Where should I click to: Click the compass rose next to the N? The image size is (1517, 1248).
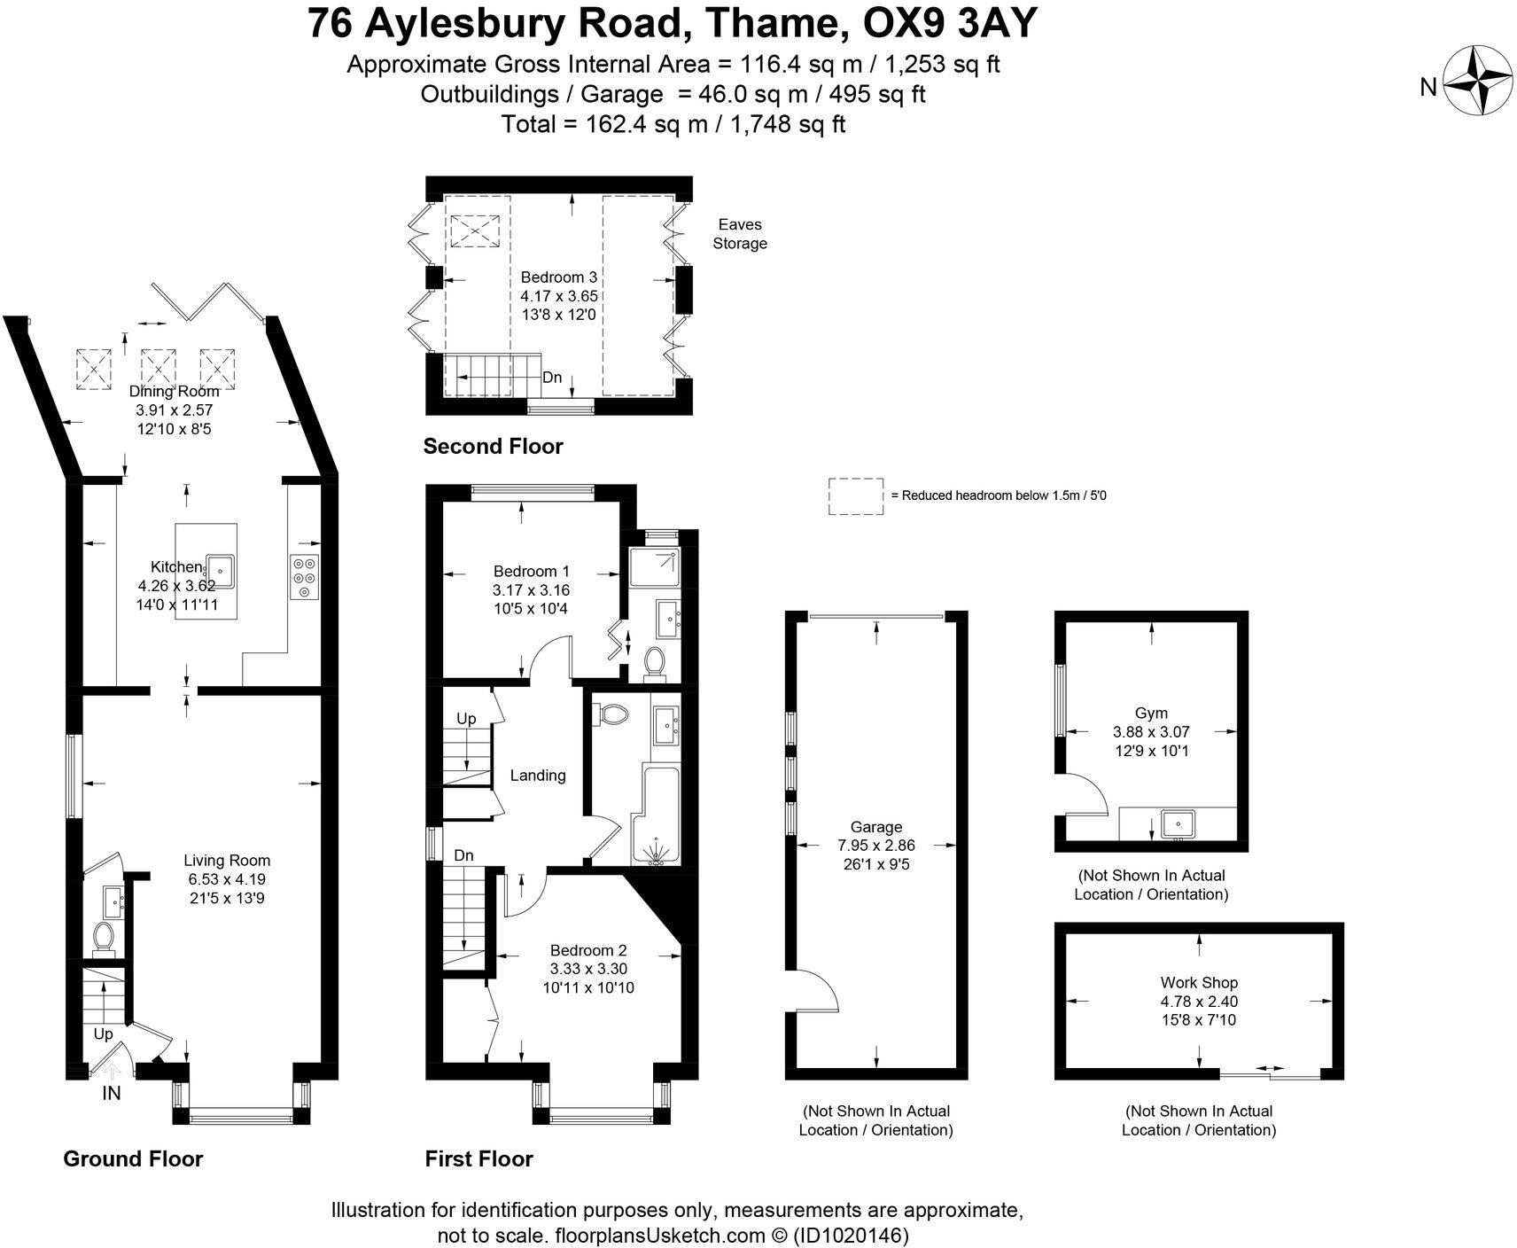[x=1478, y=81]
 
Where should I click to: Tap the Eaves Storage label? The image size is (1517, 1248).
[x=740, y=234]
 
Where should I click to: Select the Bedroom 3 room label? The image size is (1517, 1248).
[x=558, y=277]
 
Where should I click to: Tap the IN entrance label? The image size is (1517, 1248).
[x=111, y=1094]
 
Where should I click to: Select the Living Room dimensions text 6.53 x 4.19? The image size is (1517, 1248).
[x=226, y=879]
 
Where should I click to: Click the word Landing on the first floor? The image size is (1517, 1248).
[x=538, y=776]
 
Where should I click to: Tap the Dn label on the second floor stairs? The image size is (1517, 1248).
[x=552, y=378]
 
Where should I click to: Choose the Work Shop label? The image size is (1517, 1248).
[x=1199, y=982]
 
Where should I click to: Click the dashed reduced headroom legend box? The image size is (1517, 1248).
[x=855, y=495]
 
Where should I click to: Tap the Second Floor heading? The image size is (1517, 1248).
[x=493, y=446]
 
